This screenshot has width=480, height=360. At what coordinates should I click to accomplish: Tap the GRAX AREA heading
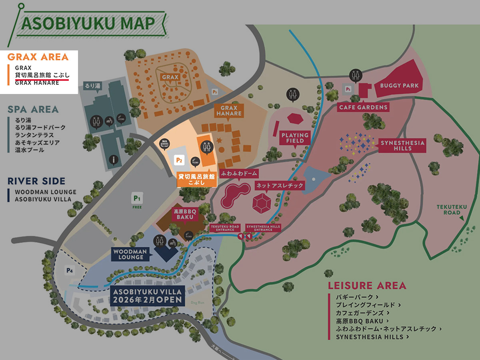tap(38, 57)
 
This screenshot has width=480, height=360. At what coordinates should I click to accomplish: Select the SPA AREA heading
tap(33, 109)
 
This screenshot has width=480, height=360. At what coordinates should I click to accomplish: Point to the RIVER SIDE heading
tap(36, 181)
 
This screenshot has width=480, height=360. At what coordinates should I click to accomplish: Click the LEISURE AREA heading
tap(367, 286)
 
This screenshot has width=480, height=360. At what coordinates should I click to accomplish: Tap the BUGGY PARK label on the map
tap(399, 86)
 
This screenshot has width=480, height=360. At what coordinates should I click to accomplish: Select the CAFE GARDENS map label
tap(363, 107)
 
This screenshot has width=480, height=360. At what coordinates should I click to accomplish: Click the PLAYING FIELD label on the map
tap(295, 138)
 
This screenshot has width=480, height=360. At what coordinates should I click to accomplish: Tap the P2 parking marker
tap(179, 160)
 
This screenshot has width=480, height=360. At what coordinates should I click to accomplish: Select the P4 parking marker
tap(70, 271)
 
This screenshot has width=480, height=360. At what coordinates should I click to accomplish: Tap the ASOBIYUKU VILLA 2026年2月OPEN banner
tap(147, 296)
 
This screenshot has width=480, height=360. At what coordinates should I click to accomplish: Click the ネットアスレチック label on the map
tap(280, 186)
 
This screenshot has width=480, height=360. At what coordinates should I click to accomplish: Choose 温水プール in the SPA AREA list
tap(30, 150)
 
